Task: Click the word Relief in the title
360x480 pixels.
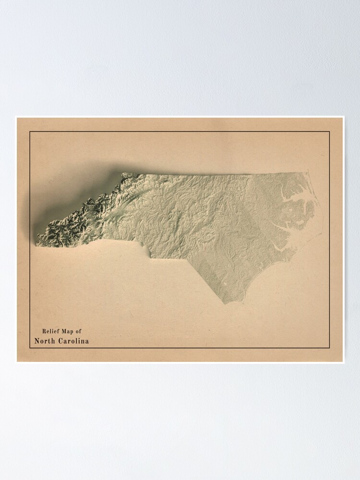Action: (x=50, y=331)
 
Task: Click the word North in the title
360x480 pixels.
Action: (x=45, y=341)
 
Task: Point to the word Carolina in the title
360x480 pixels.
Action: (x=73, y=341)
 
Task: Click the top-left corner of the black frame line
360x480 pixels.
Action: (x=30, y=132)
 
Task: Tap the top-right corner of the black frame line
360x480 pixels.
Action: (x=330, y=132)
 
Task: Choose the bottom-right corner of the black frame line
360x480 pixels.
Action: (x=330, y=348)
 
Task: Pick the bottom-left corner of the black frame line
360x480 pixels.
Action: (x=30, y=348)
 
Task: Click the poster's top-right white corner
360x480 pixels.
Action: (x=343, y=117)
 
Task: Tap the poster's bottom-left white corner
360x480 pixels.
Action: (x=16, y=362)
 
